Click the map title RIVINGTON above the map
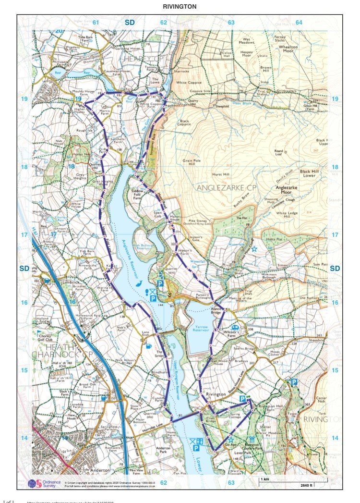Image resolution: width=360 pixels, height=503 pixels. (180, 6)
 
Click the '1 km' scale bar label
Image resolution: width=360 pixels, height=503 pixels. (264, 479)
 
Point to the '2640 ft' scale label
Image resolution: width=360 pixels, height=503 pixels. (306, 485)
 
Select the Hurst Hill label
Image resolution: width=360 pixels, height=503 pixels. (220, 175)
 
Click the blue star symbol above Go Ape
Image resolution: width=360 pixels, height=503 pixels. (231, 439)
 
